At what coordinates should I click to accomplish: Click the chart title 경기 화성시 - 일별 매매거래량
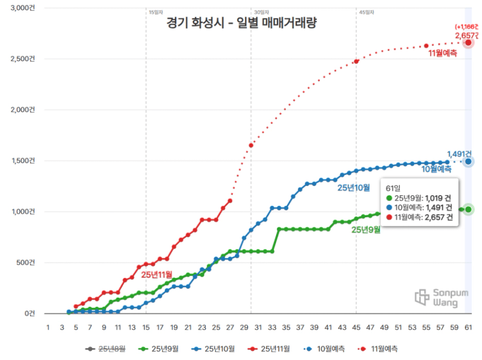tap(242, 23)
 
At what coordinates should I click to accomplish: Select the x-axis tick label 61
tap(468, 327)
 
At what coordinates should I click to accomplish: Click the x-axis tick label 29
tap(244, 327)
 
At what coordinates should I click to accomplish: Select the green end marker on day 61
tap(468, 210)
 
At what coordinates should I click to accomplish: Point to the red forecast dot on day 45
tap(356, 61)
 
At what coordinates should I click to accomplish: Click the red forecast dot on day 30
tap(251, 145)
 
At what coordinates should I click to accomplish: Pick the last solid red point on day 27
tap(230, 201)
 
